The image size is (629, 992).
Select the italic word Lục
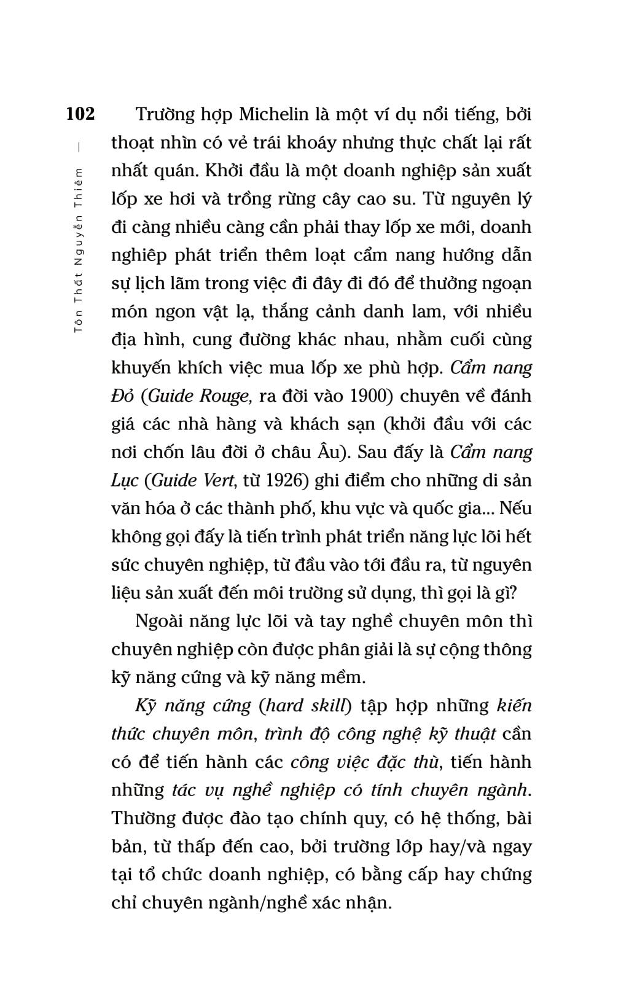[x=125, y=480]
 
